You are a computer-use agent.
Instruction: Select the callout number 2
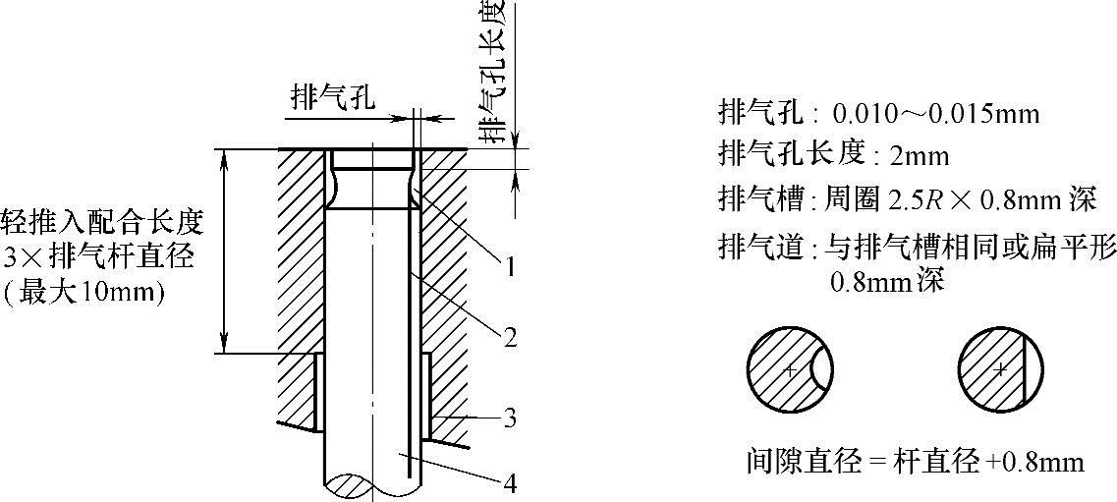pos(510,339)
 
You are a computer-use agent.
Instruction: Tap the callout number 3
pos(510,418)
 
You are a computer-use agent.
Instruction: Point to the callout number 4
pos(510,483)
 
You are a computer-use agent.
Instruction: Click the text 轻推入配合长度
pos(103,219)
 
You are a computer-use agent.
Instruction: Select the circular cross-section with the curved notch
pos(791,369)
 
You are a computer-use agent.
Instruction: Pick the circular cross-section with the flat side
pos(998,369)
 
